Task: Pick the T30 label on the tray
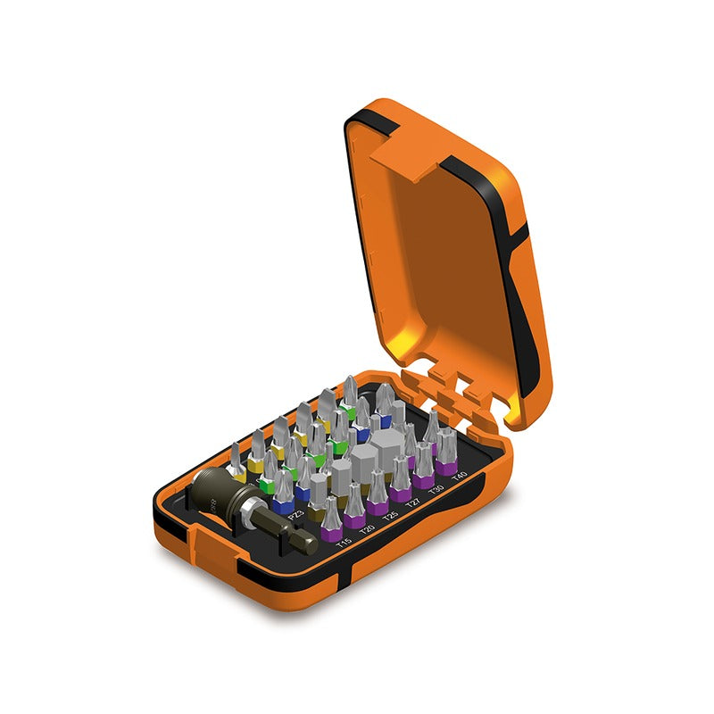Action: (x=436, y=489)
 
